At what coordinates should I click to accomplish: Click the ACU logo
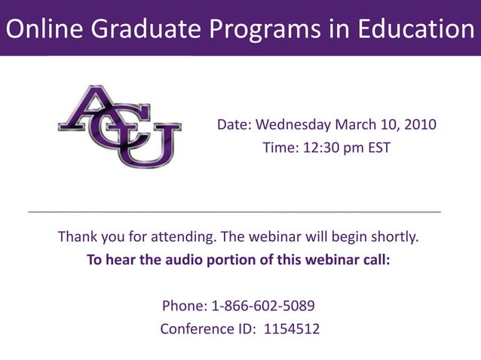pos(119,125)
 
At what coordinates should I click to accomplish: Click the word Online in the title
pos(44,29)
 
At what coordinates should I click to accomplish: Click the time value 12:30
pos(312,148)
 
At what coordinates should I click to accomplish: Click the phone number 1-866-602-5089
pos(263,307)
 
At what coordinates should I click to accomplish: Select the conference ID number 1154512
pos(291,329)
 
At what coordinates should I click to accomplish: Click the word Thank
pos(78,238)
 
